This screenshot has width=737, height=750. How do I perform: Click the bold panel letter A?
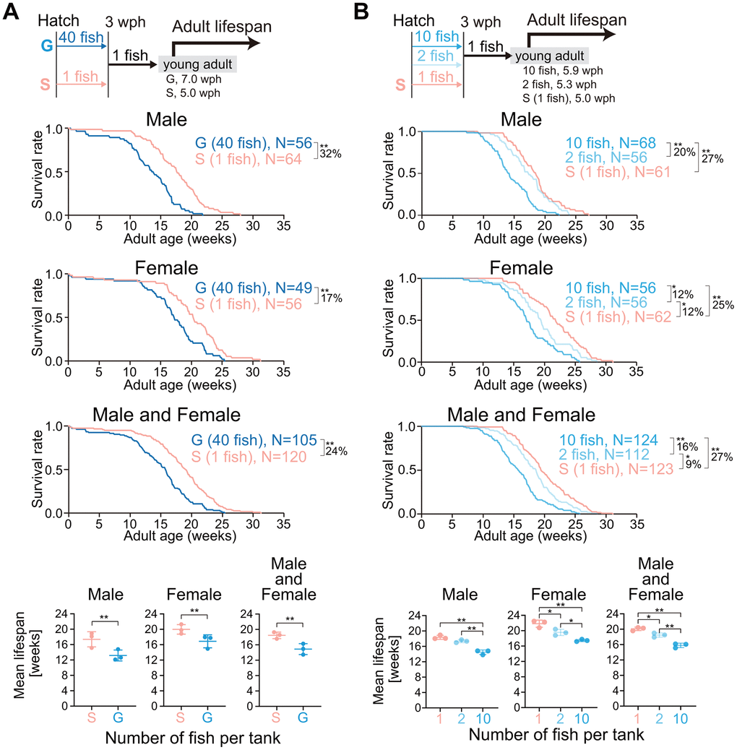[x=12, y=12]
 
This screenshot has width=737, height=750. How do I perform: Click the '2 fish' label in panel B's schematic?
[x=436, y=56]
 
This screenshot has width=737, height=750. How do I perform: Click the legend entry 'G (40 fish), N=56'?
[x=252, y=144]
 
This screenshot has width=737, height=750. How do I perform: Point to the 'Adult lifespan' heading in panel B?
[x=577, y=19]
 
